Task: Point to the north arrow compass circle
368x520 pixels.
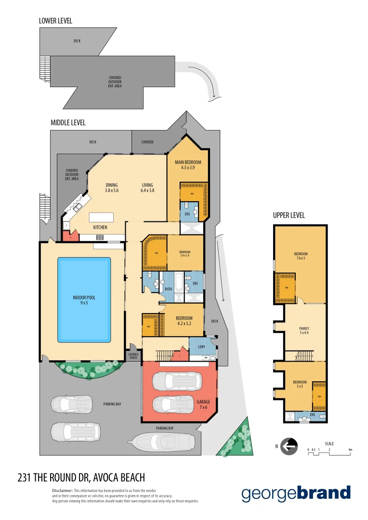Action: click(x=289, y=446)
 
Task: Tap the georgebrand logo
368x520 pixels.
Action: click(x=296, y=494)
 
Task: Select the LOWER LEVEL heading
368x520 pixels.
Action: click(x=55, y=21)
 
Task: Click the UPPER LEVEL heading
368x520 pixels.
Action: click(x=289, y=215)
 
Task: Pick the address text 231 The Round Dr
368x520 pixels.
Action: click(x=81, y=478)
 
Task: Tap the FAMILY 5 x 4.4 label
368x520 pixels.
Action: click(x=304, y=330)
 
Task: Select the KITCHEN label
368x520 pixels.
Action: click(x=100, y=227)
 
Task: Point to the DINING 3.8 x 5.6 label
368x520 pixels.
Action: click(x=111, y=187)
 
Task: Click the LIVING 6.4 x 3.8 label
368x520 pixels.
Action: click(x=147, y=187)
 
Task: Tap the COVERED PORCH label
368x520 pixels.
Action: click(x=133, y=356)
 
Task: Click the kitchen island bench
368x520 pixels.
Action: click(x=101, y=217)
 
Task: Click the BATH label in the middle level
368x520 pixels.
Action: click(x=168, y=289)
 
